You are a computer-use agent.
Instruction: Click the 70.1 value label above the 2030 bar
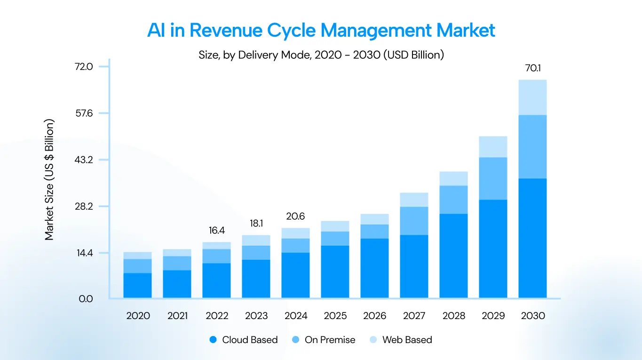coord(533,68)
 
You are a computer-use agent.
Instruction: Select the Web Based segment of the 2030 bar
coord(532,97)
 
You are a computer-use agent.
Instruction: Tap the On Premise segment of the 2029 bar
coord(493,178)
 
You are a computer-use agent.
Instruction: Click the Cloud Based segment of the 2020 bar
coord(137,285)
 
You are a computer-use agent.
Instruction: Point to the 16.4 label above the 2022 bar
coord(217,231)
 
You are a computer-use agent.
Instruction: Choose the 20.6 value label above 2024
coord(295,216)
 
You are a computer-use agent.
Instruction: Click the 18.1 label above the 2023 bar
coord(256,223)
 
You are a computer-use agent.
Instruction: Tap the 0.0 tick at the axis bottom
coord(86,299)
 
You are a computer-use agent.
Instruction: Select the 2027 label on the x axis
coord(414,316)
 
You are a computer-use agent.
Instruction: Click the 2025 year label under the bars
coord(335,316)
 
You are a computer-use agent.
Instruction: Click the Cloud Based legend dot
coord(214,340)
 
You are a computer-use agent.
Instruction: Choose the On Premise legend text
coord(330,340)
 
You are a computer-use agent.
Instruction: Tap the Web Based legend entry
coord(407,340)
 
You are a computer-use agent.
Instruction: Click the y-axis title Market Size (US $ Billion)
coord(50,179)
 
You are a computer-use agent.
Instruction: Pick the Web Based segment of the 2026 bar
coord(374,219)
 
